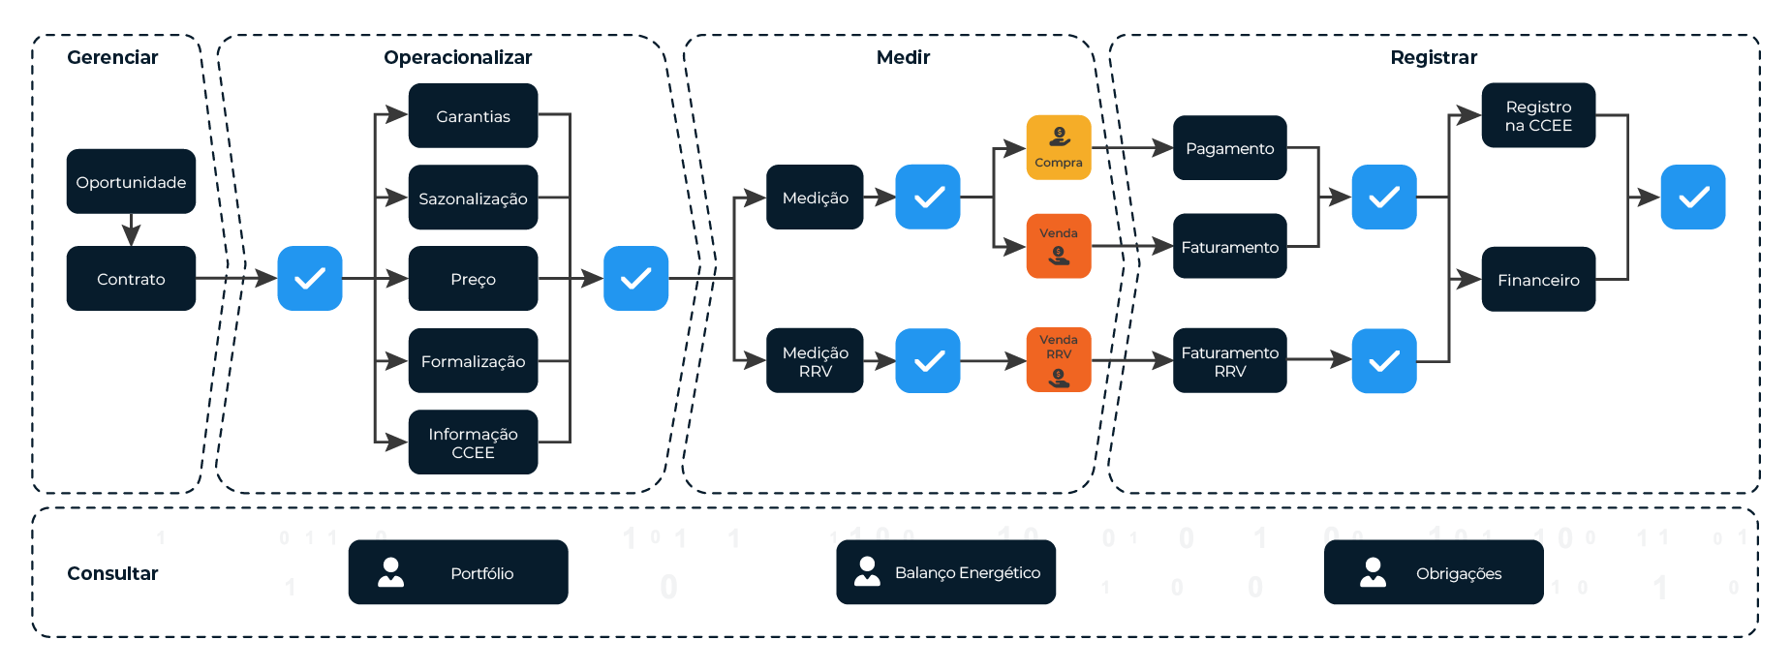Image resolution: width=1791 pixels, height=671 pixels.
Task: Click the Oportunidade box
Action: tap(131, 181)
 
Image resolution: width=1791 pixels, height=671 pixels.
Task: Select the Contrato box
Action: tap(131, 279)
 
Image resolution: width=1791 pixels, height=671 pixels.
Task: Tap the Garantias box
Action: tap(473, 116)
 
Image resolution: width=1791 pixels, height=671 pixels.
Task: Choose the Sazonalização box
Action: tap(473, 198)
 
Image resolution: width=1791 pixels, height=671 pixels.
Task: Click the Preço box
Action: tap(473, 279)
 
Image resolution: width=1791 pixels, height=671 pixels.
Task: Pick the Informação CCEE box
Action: tap(473, 442)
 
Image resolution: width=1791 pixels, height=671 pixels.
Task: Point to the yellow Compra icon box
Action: tap(1058, 147)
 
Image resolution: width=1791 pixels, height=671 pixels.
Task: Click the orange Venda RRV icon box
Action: tap(1058, 360)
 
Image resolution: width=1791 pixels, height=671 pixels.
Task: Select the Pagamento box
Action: tap(1229, 148)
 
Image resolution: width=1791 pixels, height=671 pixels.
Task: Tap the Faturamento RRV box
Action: tap(1229, 361)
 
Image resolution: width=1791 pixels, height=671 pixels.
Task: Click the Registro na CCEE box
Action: tap(1537, 115)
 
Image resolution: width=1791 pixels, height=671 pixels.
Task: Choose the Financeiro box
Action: tap(1537, 280)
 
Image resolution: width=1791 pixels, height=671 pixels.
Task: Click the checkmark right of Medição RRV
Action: tap(928, 361)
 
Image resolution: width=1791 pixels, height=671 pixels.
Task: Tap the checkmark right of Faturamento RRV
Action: tap(1383, 361)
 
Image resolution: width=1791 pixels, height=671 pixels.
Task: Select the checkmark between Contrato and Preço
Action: tap(310, 279)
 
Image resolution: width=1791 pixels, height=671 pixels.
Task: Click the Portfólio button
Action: tap(458, 572)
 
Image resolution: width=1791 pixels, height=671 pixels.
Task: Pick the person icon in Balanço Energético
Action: tap(867, 571)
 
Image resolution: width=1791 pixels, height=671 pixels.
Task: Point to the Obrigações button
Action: tap(1434, 572)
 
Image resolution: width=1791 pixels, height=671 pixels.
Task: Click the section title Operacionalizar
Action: tap(457, 57)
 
